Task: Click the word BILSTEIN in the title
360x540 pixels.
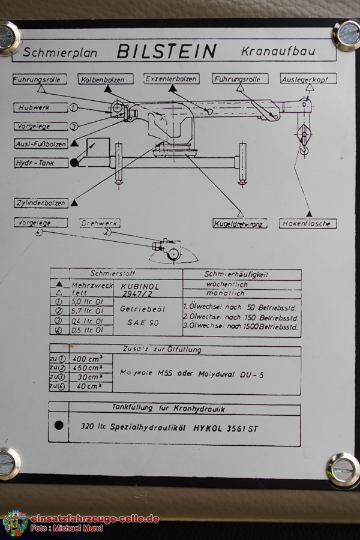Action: point(166,51)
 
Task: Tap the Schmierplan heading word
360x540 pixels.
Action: point(63,52)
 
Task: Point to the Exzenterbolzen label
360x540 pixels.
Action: point(171,79)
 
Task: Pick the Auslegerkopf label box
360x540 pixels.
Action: point(308,79)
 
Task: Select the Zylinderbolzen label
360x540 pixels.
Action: point(41,203)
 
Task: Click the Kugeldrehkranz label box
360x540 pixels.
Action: point(240,224)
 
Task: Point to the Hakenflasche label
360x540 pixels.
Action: point(308,224)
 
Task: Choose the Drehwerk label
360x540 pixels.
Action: point(100,223)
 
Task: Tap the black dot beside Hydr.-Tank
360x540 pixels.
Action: point(74,162)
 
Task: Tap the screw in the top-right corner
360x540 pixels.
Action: point(346,35)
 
